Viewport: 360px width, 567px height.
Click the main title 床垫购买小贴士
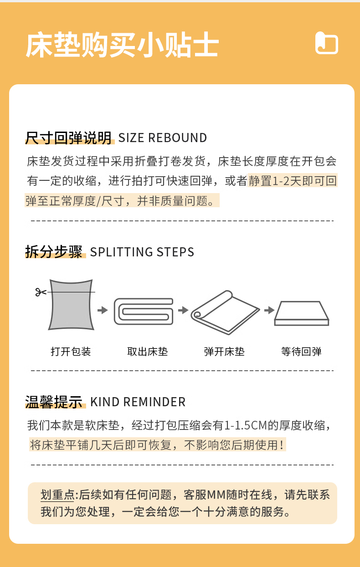pos(122,45)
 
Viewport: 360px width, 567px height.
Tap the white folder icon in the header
pos(327,43)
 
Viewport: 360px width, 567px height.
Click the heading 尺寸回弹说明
pos(68,138)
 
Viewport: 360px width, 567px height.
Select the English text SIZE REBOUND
pos(162,138)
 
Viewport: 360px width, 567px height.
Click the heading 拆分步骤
pos(54,252)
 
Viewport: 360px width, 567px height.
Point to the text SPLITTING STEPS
pos(142,252)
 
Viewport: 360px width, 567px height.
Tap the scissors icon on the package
pos(41,292)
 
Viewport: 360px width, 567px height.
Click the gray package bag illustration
pos(71,305)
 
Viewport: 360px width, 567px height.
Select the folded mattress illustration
pos(144,312)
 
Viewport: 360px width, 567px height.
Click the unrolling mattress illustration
pos(225,312)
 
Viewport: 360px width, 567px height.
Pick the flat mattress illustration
pos(302,313)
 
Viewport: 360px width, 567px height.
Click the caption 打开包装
pos(71,352)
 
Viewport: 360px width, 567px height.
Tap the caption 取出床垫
pos(148,352)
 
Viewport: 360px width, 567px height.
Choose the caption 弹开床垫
pos(224,352)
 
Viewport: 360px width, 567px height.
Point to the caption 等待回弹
pos(301,352)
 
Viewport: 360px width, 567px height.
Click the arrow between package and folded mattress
pos(103,310)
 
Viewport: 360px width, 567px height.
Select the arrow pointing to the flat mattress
pos(269,310)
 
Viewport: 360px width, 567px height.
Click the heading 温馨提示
pos(54,402)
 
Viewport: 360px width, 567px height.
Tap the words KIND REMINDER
pos(138,402)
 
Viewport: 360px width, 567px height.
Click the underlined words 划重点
pos(57,495)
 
